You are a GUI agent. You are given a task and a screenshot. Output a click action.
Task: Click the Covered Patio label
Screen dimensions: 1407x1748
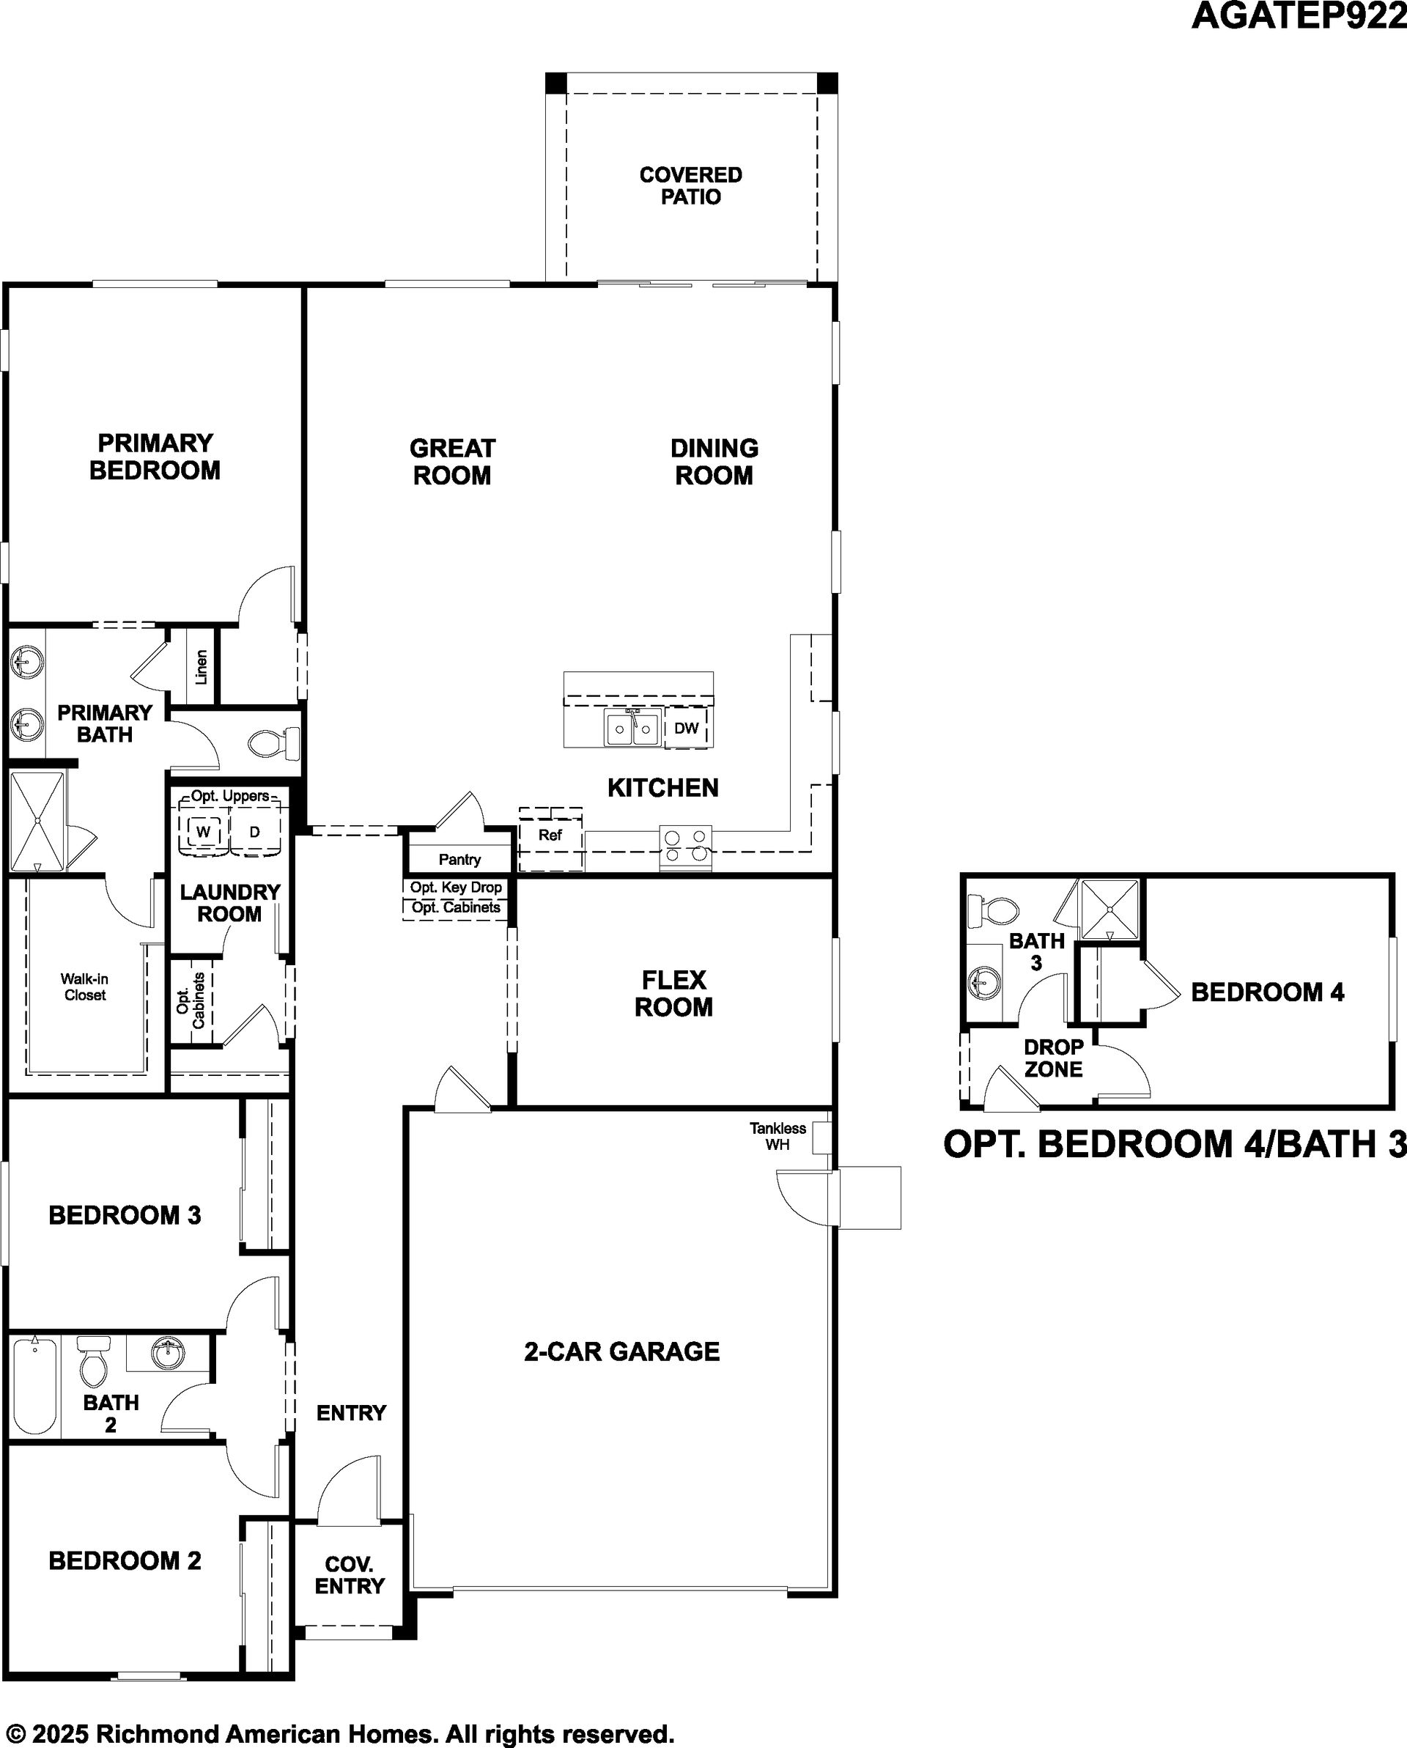point(690,185)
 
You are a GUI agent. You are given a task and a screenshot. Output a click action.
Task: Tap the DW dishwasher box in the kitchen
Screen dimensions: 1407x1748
point(687,727)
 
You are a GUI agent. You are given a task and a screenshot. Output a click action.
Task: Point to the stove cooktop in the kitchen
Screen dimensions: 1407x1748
point(686,847)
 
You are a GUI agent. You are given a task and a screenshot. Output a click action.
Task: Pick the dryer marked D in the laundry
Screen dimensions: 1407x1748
point(254,831)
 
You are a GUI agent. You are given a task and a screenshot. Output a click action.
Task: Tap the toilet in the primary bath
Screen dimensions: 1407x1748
point(273,742)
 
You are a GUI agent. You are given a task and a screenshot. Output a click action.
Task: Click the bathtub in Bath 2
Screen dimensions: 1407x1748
point(35,1387)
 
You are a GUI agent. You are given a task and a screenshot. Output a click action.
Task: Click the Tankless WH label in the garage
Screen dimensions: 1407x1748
point(778,1136)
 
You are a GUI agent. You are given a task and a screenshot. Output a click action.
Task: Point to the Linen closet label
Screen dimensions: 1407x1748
point(201,666)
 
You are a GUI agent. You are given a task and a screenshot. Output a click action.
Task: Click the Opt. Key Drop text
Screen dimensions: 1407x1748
point(456,887)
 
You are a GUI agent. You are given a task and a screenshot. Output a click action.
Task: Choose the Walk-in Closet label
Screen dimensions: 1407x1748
point(85,987)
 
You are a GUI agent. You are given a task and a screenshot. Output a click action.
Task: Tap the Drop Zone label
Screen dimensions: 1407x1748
point(1053,1058)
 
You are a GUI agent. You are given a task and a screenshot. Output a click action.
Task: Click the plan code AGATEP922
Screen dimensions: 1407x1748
point(1299,16)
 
